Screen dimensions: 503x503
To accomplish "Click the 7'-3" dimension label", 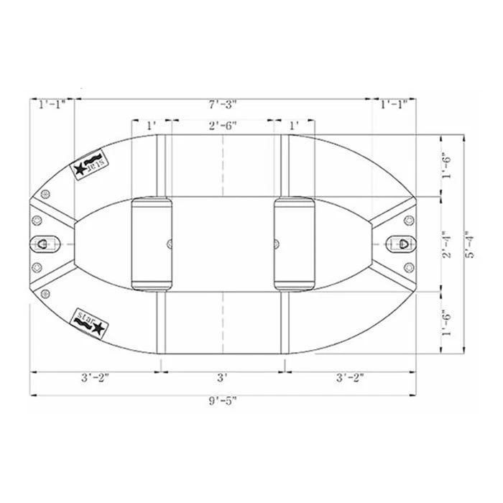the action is [223, 105].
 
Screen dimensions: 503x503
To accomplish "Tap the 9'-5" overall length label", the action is [223, 401].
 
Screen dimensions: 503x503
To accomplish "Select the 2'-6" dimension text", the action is [223, 126].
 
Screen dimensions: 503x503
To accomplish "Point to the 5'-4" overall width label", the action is [471, 244].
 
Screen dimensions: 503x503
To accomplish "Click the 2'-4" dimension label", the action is [446, 244].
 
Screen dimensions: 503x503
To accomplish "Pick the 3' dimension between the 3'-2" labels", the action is [222, 377].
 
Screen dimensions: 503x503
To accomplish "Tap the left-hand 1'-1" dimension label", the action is [52, 105].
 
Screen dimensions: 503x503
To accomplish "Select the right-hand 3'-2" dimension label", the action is [350, 377].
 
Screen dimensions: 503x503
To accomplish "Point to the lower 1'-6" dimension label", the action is [446, 323].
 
